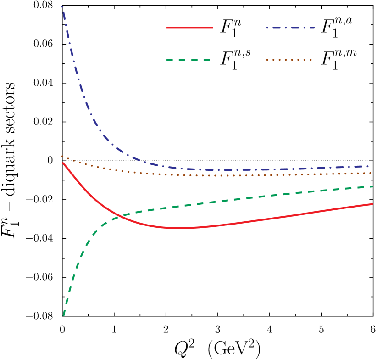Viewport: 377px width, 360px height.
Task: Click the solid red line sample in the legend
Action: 189,28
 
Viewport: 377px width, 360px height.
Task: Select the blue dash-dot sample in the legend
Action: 290,28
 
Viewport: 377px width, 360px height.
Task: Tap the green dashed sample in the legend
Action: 188,60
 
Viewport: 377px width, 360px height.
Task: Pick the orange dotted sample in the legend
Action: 289,60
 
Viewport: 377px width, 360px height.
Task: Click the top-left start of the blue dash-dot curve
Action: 62,6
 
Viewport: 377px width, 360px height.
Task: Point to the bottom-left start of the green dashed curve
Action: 64,315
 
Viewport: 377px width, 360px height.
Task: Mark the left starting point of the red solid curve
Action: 63,163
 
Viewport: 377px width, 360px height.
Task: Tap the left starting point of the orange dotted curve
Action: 62,156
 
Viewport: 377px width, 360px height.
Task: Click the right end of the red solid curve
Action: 372,204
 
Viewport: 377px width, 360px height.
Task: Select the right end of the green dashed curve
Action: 372,186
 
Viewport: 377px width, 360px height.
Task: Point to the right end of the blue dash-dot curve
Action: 369,166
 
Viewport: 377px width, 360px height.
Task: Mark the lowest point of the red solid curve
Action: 181,228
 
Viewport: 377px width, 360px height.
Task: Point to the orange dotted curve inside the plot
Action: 229,175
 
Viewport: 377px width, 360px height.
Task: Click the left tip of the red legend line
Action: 167,28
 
